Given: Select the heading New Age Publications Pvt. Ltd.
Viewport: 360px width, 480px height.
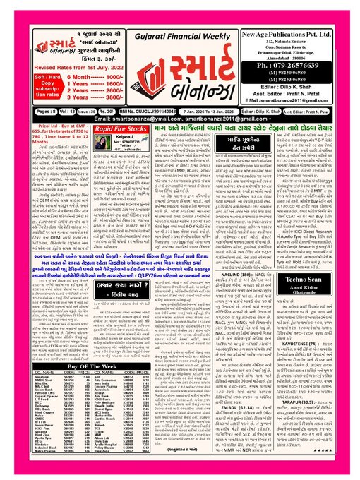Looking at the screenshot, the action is click(x=298, y=33).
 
